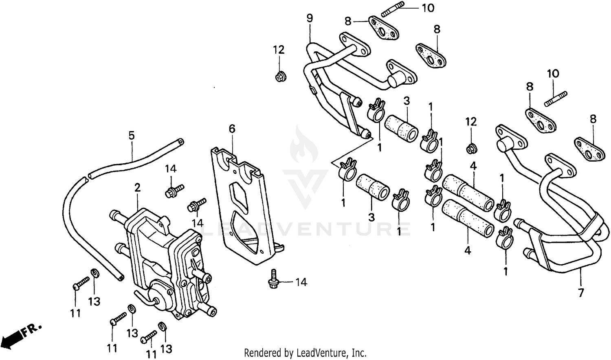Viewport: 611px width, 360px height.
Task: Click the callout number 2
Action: [137, 188]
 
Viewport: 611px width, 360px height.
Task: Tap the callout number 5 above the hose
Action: [131, 135]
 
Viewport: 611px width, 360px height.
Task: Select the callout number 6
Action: [232, 129]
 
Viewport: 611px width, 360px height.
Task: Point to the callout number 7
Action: [581, 292]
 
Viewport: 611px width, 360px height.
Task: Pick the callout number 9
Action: [310, 18]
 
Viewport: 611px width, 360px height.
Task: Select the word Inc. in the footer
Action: [359, 352]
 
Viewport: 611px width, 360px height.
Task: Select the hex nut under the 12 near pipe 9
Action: [279, 76]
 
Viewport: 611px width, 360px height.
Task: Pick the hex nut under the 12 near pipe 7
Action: [471, 149]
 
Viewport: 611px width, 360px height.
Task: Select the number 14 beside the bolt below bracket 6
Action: [301, 282]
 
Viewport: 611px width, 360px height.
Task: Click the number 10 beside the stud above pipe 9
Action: [428, 8]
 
